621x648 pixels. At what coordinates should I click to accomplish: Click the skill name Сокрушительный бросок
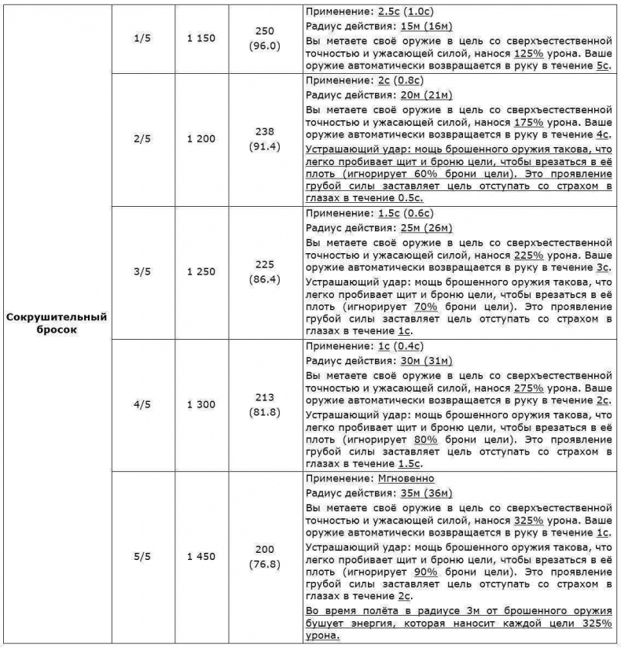(x=56, y=324)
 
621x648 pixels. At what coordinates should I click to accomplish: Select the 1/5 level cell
(x=141, y=38)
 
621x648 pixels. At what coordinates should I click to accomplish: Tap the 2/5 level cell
(x=141, y=139)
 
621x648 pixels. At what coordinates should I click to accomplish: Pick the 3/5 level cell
(x=141, y=272)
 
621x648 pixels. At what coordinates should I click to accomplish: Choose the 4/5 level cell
(x=141, y=404)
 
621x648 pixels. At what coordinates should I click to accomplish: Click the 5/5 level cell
(x=141, y=557)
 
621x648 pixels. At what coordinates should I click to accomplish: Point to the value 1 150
(x=200, y=38)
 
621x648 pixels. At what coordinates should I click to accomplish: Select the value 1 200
(x=200, y=139)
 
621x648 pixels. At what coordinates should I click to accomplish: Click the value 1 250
(x=200, y=272)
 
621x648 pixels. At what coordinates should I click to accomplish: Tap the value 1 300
(x=200, y=404)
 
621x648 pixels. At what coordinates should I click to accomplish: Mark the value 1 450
(x=200, y=557)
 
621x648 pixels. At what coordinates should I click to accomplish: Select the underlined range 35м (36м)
(x=426, y=493)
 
